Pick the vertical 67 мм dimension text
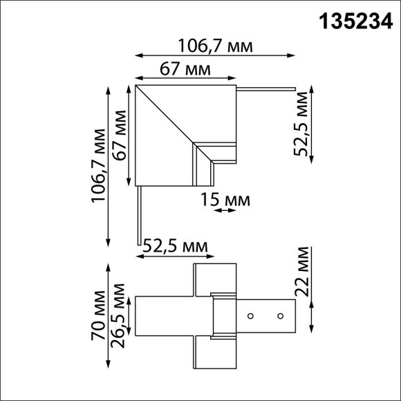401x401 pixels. click(122, 136)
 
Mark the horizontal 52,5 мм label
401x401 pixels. click(175, 245)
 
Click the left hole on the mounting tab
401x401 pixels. click(251, 316)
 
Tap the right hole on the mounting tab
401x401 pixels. click(280, 316)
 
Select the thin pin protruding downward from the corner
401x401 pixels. click(140, 214)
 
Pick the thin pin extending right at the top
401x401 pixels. click(267, 88)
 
